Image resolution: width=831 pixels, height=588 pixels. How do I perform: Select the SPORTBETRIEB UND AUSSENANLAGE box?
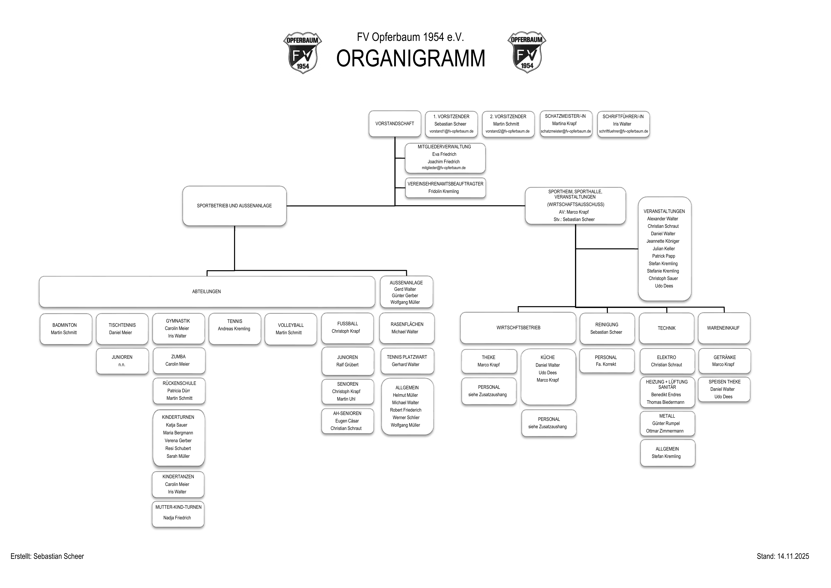point(234,206)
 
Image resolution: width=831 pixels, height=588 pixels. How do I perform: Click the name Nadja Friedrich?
point(177,518)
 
